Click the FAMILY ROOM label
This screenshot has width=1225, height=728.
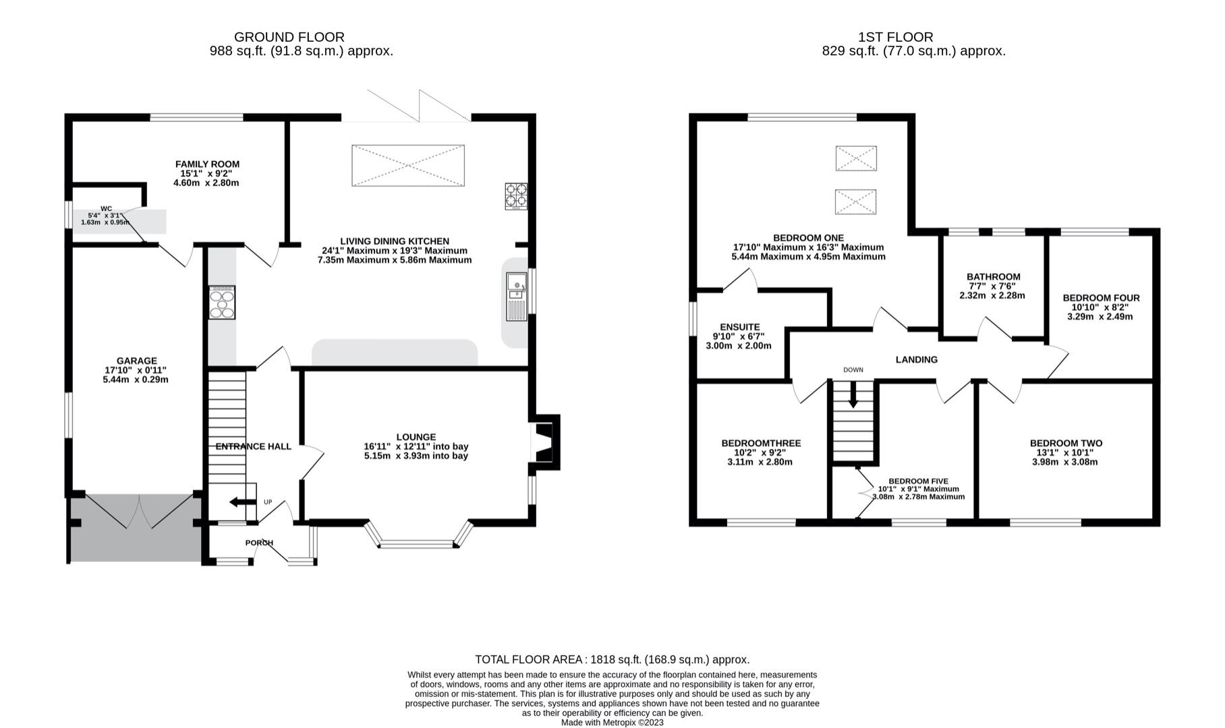pyautogui.click(x=207, y=164)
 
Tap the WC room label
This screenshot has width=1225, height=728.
pyautogui.click(x=107, y=209)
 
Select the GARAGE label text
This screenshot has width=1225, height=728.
pyautogui.click(x=136, y=361)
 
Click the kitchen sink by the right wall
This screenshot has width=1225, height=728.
pyautogui.click(x=517, y=297)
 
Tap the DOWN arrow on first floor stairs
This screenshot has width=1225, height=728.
pyautogui.click(x=853, y=394)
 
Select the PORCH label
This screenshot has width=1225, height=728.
pyautogui.click(x=259, y=543)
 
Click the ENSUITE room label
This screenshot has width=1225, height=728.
pyautogui.click(x=739, y=328)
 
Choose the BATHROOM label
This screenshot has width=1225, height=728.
pyautogui.click(x=993, y=277)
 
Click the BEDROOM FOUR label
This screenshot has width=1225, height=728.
pyautogui.click(x=1101, y=298)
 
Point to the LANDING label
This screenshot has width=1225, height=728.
pyautogui.click(x=916, y=360)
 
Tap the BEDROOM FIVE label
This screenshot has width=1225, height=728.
pyautogui.click(x=918, y=481)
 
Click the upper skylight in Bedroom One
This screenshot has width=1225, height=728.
pyautogui.click(x=856, y=158)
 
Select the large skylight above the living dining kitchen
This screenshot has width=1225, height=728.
pyautogui.click(x=408, y=165)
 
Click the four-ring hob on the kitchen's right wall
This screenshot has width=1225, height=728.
pyautogui.click(x=516, y=195)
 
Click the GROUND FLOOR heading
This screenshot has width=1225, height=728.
pyautogui.click(x=289, y=37)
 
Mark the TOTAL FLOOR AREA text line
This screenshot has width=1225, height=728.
pyautogui.click(x=612, y=660)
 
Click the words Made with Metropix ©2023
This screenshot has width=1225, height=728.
pyautogui.click(x=612, y=723)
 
